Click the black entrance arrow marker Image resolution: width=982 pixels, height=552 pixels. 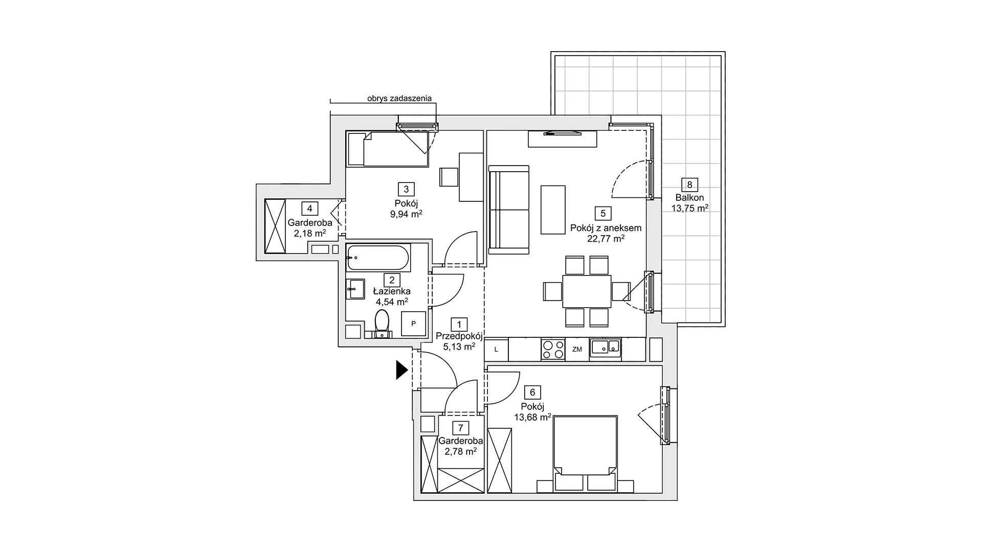401,370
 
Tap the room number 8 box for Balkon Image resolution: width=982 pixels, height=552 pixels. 689,185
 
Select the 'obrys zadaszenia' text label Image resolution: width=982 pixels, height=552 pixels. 399,98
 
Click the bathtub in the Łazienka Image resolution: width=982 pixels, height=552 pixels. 378,258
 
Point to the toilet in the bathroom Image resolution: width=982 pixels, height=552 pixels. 382,324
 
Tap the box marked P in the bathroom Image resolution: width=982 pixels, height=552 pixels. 413,324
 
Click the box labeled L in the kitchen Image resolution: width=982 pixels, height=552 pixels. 496,350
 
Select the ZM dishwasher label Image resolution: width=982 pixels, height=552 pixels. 577,350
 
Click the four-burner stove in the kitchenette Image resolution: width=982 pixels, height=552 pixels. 553,350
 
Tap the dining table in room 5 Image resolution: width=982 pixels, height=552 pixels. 587,291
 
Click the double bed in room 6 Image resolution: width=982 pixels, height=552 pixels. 585,454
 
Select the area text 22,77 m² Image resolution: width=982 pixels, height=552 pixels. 606,239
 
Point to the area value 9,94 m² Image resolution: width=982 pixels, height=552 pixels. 406,214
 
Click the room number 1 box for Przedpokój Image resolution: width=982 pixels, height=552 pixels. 459,324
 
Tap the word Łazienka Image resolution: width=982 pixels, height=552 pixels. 392,291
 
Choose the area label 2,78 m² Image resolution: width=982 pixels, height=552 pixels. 460,451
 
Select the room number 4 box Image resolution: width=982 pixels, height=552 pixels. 309,209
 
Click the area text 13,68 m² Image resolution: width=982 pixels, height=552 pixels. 532,417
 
